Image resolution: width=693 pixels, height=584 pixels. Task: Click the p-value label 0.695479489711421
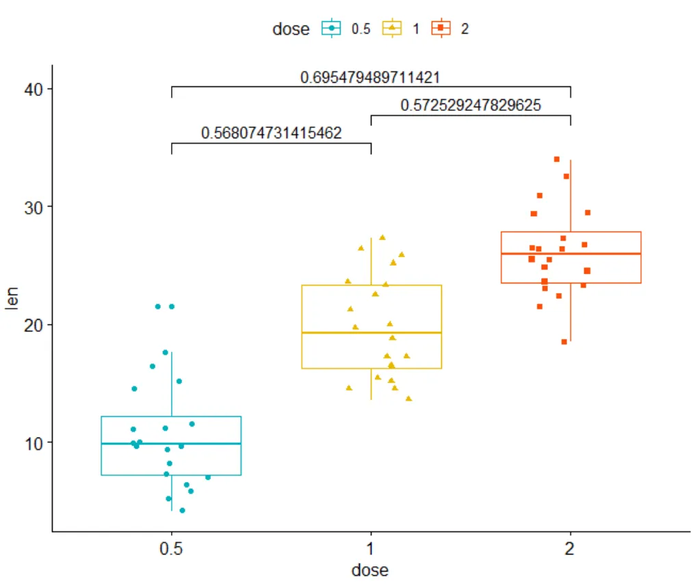370,78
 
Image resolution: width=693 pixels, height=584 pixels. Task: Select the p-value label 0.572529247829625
471,105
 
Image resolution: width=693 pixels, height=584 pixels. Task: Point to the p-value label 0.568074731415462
271,134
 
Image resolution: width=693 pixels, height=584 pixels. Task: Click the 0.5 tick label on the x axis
171,549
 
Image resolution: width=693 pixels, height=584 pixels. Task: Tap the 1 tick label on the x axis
371,549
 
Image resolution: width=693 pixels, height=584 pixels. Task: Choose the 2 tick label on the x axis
571,549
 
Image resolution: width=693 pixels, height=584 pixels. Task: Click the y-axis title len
12,299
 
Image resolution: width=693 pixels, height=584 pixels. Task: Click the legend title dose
291,29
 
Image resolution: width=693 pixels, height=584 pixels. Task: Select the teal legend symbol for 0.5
332,29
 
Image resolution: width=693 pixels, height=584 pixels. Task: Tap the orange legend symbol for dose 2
441,29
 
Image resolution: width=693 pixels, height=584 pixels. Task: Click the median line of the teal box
171,444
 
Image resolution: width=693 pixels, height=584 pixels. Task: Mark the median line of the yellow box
371,333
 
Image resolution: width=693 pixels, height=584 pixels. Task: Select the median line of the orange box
571,254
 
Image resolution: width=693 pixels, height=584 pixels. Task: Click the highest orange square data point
557,160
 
